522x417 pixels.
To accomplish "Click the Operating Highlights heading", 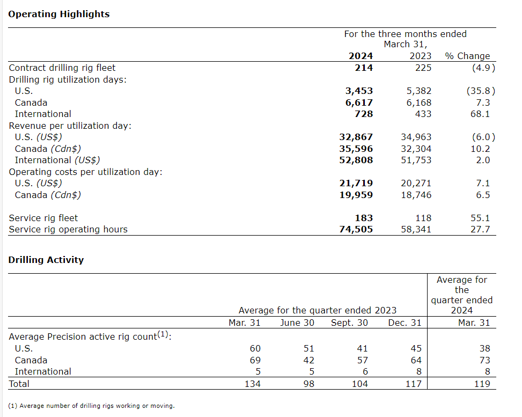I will tap(59, 14).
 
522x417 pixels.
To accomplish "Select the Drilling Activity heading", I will tap(46, 260).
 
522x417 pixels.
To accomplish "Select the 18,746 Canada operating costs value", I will tap(416, 195).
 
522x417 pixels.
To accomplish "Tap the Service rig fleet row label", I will tap(43, 218).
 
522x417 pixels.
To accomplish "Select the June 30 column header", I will tap(297, 323).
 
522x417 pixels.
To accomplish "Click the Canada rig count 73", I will tap(484, 360).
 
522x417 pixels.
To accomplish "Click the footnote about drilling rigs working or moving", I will tap(91, 406).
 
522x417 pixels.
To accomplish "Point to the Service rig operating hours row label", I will tap(68, 229).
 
